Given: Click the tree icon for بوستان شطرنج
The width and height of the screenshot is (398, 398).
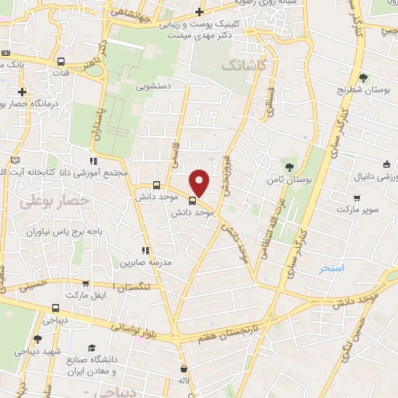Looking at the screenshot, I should (363, 78).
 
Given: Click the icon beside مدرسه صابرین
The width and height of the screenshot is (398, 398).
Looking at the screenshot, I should (145, 250).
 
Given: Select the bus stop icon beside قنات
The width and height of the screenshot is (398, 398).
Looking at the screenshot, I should (61, 61).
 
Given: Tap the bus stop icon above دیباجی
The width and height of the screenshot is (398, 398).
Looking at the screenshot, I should (54, 307).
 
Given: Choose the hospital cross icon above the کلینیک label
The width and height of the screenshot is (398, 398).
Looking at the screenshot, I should (200, 12).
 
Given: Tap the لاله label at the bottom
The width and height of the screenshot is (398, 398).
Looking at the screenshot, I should (183, 382).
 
